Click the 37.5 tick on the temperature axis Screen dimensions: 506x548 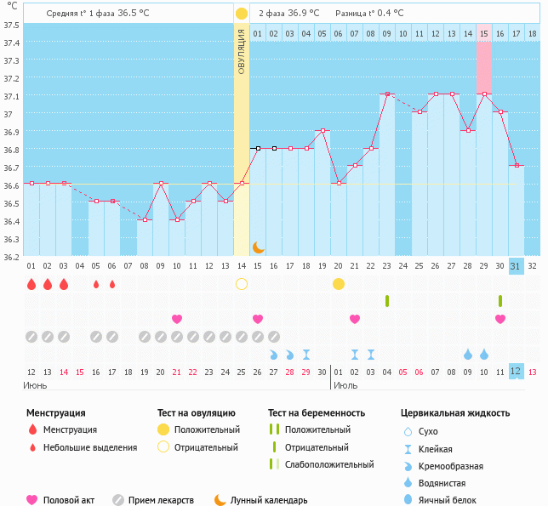pyautogui.click(x=12, y=25)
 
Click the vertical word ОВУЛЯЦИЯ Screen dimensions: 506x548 pyautogui.click(x=242, y=51)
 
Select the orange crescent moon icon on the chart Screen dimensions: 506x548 pyautogui.click(x=258, y=247)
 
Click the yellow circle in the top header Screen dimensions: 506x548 pyautogui.click(x=242, y=14)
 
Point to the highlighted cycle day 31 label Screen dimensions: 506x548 pyautogui.click(x=516, y=266)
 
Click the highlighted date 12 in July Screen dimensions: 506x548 pyautogui.click(x=516, y=372)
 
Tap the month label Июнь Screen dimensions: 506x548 pyautogui.click(x=35, y=385)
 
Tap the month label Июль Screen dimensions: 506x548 pyautogui.click(x=345, y=385)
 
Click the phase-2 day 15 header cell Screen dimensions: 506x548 pyautogui.click(x=483, y=33)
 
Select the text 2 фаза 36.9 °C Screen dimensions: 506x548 pyautogui.click(x=288, y=14)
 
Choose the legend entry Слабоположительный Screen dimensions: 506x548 pyautogui.click(x=328, y=464)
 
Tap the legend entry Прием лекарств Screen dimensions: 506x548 pyautogui.click(x=160, y=500)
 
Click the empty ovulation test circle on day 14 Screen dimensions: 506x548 pyautogui.click(x=242, y=283)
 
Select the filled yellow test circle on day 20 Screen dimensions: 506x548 pyautogui.click(x=339, y=283)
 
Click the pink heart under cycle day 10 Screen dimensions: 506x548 pyautogui.click(x=177, y=319)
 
